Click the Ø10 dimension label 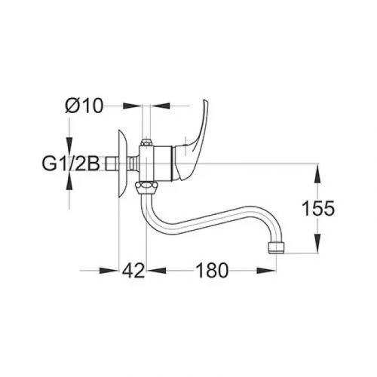point(84,106)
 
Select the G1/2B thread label point(71,164)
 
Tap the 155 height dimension point(318,208)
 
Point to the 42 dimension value point(133,271)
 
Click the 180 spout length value point(212,271)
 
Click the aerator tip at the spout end point(277,248)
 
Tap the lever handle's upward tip point(206,101)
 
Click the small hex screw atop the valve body point(146,143)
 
